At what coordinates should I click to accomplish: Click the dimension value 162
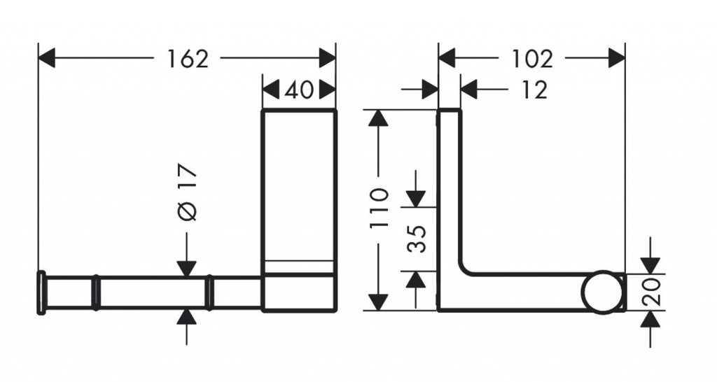point(188,59)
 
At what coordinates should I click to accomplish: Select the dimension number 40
point(299,90)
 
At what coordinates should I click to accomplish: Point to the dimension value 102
point(531,59)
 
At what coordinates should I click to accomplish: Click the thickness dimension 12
point(534,90)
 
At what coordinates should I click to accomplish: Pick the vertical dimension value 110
point(379,209)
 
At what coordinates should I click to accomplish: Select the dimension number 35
point(416,239)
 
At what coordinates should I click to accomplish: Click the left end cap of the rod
point(42,292)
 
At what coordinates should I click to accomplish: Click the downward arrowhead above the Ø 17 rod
point(186,268)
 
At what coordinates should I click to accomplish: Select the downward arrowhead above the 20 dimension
point(650,264)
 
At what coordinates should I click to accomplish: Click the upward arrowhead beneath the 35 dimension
point(416,281)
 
